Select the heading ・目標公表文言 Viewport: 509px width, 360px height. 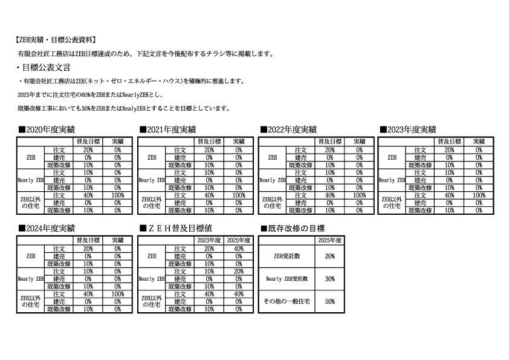click(x=45, y=67)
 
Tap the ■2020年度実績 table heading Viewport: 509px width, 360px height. click(x=47, y=129)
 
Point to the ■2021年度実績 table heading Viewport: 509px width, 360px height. click(x=167, y=129)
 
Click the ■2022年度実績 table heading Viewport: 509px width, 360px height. click(x=288, y=129)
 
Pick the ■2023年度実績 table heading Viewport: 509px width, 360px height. click(x=408, y=129)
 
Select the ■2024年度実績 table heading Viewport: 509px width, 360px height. click(x=47, y=229)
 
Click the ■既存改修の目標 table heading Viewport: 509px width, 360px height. click(x=291, y=229)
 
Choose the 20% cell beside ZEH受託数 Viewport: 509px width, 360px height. click(x=329, y=257)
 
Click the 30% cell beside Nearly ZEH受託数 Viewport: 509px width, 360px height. click(x=329, y=279)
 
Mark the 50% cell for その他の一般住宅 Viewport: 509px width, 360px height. click(x=329, y=301)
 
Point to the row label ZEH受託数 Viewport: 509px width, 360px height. click(x=287, y=257)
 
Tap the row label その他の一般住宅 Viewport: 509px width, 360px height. click(x=287, y=301)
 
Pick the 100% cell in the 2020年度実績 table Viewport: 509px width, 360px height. click(x=118, y=195)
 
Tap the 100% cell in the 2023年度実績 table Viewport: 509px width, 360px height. click(x=479, y=195)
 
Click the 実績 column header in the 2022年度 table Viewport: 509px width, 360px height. click(x=359, y=141)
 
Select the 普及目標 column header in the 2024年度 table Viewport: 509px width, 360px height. click(x=88, y=240)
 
